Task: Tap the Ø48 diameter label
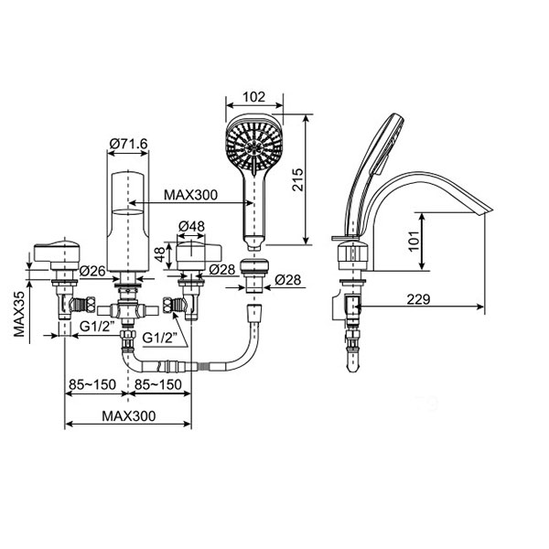coord(190,225)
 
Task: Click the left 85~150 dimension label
coord(91,383)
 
